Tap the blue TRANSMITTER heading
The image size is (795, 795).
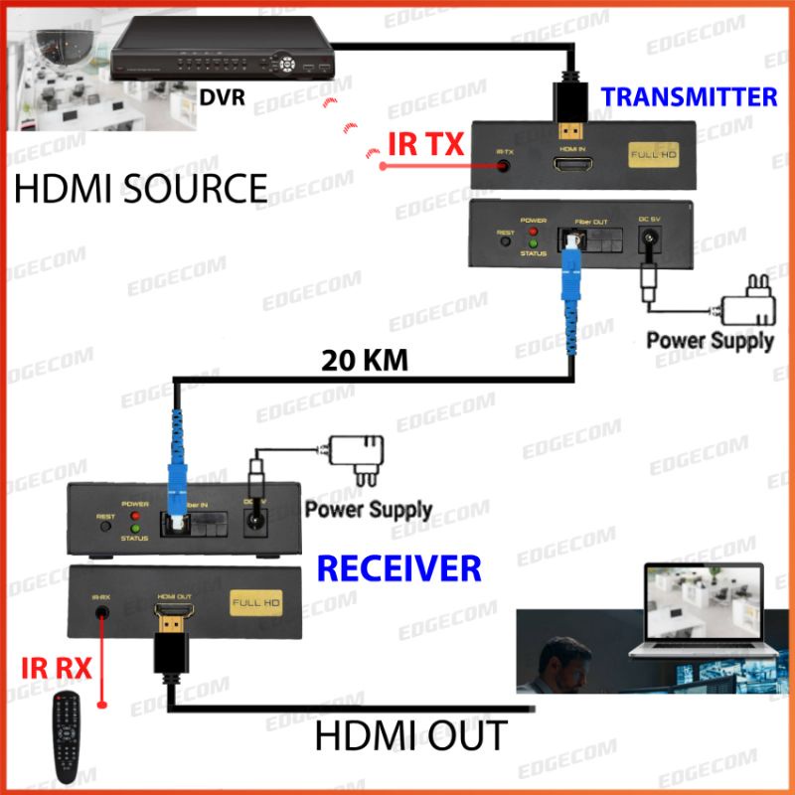(x=689, y=96)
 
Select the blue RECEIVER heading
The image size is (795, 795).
(x=398, y=568)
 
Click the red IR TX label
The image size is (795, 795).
(x=425, y=146)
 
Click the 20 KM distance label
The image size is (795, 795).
(x=365, y=360)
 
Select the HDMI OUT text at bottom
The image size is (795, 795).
(x=410, y=736)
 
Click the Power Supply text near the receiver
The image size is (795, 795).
(x=368, y=510)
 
